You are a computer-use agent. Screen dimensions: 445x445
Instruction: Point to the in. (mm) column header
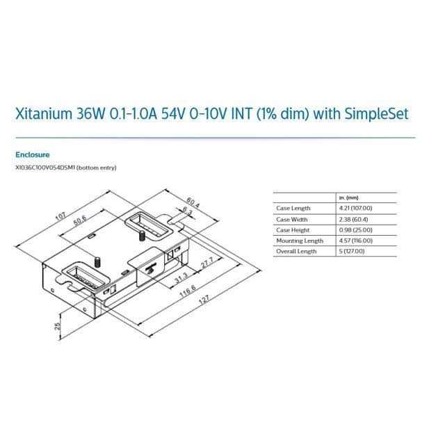tap(347, 197)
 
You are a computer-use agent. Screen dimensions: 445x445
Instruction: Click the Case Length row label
tap(293, 209)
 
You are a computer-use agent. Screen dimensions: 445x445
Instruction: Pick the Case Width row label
tap(292, 219)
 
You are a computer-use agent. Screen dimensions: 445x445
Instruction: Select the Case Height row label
tap(293, 229)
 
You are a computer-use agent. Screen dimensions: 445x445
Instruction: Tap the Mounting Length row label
tap(300, 241)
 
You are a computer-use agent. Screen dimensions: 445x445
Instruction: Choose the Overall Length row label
tap(296, 251)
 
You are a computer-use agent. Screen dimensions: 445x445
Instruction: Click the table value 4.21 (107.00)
tap(355, 209)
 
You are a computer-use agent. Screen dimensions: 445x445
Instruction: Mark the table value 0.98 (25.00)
tap(354, 229)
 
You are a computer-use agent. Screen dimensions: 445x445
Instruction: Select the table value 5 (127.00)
tap(352, 251)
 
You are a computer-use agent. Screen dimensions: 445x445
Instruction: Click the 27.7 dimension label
tap(206, 266)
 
